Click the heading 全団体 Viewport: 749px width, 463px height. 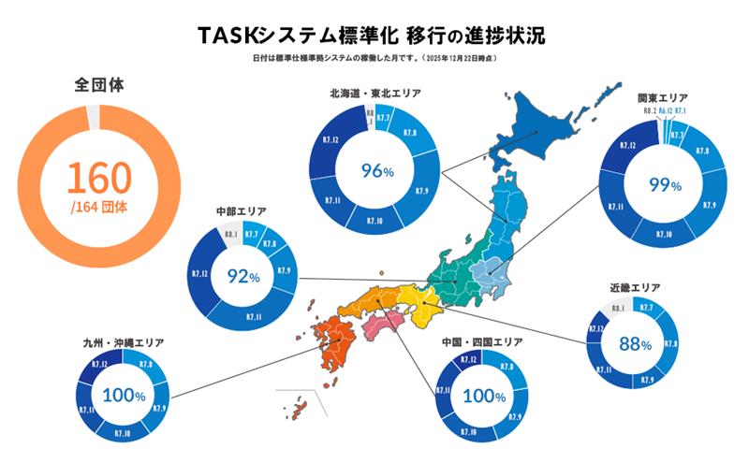click(x=99, y=86)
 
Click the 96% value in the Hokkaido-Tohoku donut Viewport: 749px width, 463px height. click(x=375, y=170)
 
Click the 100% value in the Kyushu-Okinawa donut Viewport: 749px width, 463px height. click(x=123, y=396)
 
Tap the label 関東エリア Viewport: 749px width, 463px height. click(x=663, y=97)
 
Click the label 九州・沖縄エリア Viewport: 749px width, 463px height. click(x=123, y=343)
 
